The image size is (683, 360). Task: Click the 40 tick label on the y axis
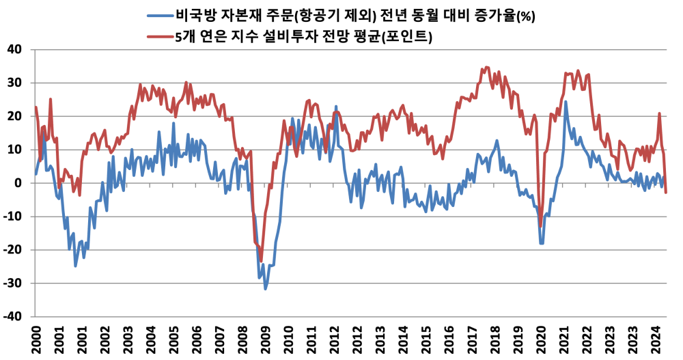[15, 49]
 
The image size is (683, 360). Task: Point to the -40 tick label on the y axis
[13, 317]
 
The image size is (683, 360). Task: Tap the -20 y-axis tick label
[13, 250]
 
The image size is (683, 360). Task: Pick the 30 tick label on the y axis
[15, 83]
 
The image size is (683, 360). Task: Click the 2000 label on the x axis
[36, 338]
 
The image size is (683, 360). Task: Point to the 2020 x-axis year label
[541, 338]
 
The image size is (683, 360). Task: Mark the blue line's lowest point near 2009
[266, 288]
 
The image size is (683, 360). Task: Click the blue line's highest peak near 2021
[566, 102]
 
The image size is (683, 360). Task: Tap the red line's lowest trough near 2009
[261, 261]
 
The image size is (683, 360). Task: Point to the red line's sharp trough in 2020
[540, 226]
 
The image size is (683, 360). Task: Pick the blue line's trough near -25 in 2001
[75, 265]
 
